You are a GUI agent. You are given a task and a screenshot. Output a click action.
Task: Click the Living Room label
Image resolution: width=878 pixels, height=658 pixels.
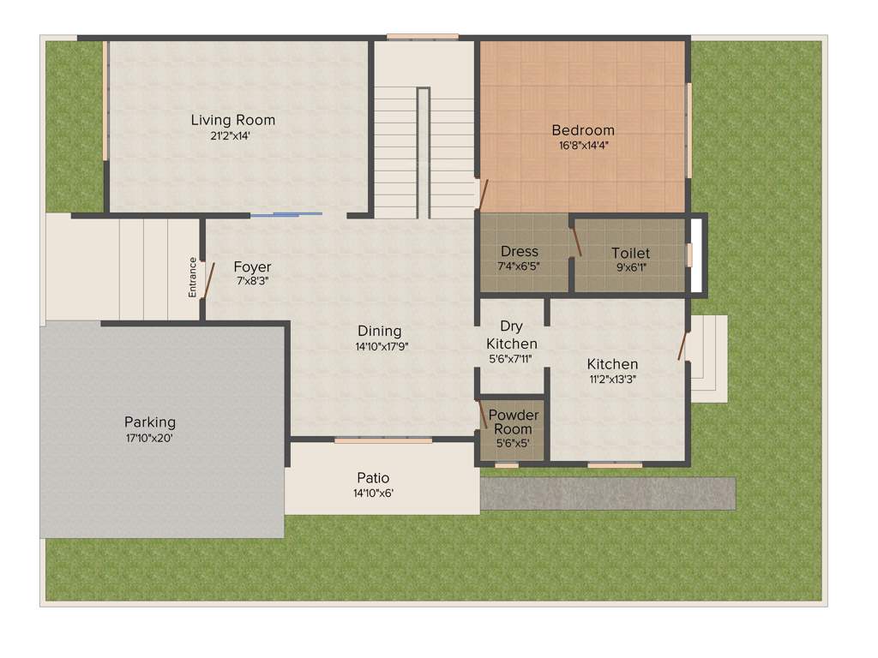pyautogui.click(x=232, y=120)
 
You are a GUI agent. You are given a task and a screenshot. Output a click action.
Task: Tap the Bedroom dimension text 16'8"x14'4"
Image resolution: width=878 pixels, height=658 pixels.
pyautogui.click(x=583, y=145)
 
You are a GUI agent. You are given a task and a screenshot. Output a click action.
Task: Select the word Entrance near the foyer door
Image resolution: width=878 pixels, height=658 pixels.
pyautogui.click(x=193, y=278)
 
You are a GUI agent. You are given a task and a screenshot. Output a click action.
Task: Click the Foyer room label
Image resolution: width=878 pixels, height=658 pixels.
pyautogui.click(x=252, y=266)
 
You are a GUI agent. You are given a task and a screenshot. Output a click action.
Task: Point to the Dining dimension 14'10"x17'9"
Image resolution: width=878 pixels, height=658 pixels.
pyautogui.click(x=379, y=346)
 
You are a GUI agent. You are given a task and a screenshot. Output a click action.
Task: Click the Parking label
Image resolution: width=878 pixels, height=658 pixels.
pyautogui.click(x=150, y=422)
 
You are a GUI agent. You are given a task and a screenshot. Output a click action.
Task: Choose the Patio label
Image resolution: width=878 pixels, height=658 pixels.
pyautogui.click(x=373, y=478)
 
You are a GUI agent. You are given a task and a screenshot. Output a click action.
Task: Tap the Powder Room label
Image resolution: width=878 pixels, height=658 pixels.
pyautogui.click(x=514, y=422)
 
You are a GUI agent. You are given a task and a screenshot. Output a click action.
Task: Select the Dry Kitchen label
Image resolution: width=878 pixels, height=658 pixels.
pyautogui.click(x=512, y=335)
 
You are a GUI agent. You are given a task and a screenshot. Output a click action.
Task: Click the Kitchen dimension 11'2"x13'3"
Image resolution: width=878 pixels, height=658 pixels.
pyautogui.click(x=611, y=379)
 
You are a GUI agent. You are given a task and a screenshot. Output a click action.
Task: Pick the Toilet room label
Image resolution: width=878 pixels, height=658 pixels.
pyautogui.click(x=630, y=253)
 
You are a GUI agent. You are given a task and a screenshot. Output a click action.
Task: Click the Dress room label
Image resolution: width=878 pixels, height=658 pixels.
pyautogui.click(x=520, y=251)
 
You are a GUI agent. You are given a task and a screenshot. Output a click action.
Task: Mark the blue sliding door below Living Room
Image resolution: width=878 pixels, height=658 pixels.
pyautogui.click(x=286, y=214)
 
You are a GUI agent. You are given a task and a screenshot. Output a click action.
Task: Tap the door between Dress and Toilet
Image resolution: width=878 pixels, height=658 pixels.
pyautogui.click(x=577, y=239)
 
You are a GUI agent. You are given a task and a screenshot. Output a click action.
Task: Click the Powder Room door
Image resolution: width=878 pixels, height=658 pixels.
pyautogui.click(x=483, y=414)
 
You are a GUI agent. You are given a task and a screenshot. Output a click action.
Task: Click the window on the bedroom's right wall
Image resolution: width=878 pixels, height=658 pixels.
pyautogui.click(x=689, y=130)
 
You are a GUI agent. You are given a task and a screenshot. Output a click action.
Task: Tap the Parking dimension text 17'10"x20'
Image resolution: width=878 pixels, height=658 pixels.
pyautogui.click(x=150, y=438)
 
